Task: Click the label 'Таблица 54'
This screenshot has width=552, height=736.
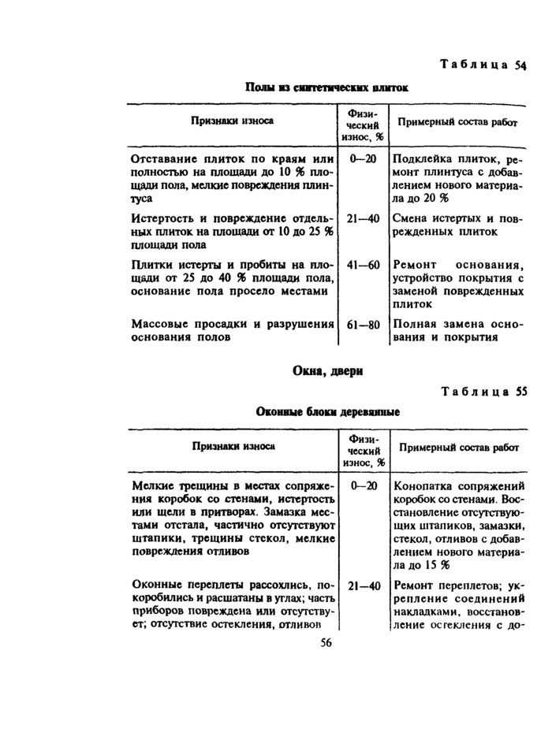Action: coord(483,65)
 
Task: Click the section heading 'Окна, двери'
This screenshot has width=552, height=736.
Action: coord(326,370)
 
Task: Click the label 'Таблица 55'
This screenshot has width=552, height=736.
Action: coord(483,391)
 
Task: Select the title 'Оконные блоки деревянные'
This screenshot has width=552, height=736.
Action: coord(326,412)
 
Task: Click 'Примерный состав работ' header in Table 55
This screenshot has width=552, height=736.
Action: coord(459,447)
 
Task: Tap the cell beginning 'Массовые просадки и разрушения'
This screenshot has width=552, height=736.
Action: coord(234,331)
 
